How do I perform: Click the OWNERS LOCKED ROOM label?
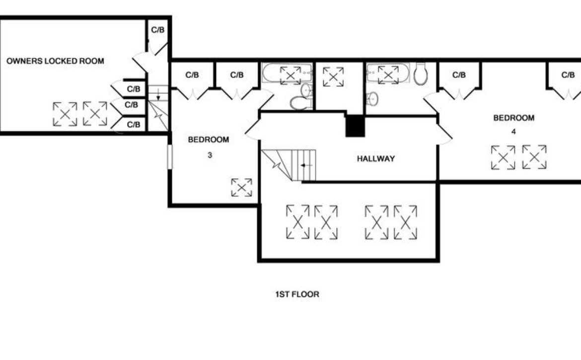tap(55, 61)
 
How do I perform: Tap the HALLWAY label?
tap(376, 158)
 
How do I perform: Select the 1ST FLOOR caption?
tap(297, 294)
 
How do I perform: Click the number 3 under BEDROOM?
tap(210, 155)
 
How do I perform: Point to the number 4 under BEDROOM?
tap(513, 132)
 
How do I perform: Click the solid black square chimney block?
tap(355, 126)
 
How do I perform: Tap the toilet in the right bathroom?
tap(420, 73)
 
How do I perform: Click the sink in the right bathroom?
tap(372, 98)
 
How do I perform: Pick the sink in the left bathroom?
tap(306, 90)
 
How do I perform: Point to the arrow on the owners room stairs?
tap(158, 95)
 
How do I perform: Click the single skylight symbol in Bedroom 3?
tap(241, 187)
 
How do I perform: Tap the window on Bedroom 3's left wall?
tap(170, 157)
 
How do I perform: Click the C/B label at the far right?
tap(568, 75)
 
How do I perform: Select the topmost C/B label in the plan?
tap(157, 30)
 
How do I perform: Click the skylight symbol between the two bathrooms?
tap(333, 76)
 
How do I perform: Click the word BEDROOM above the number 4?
tap(513, 118)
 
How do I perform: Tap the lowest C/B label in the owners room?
tap(134, 125)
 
